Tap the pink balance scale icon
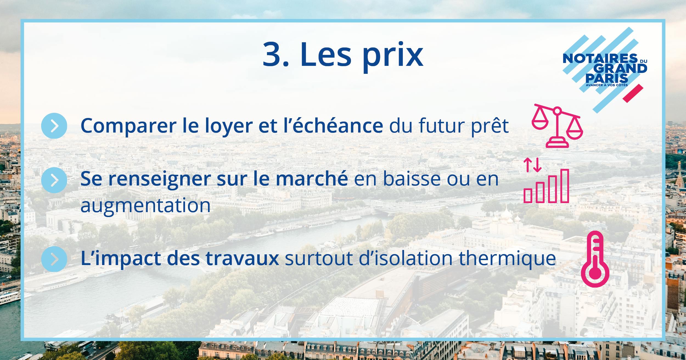557,126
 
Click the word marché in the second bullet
312,178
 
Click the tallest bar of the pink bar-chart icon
564,186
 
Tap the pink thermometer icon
595,259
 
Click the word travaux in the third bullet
242,258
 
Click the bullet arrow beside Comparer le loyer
54,126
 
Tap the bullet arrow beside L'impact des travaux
54,259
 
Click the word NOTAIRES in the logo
600,58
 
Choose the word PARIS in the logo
607,78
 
